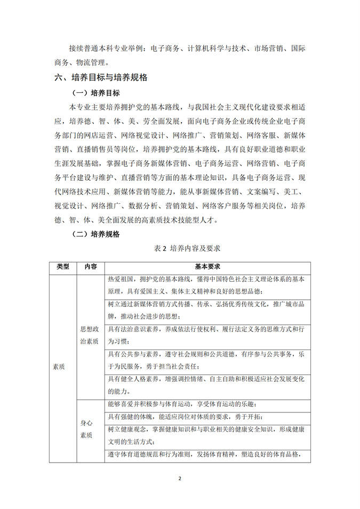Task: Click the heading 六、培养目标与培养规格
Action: (101, 78)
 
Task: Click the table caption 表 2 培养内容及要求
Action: (180, 249)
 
